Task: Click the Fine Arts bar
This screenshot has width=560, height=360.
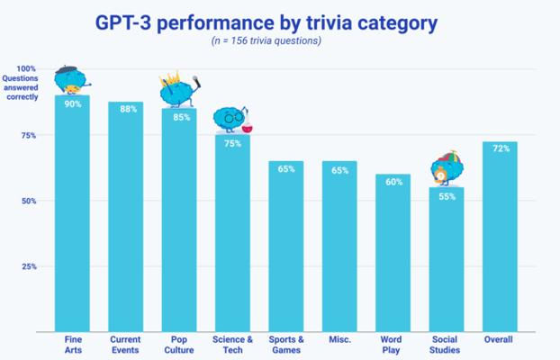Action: click(72, 213)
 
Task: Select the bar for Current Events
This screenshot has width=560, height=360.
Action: click(126, 217)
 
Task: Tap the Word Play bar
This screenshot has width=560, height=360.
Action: click(393, 253)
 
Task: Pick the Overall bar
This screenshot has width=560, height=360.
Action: click(500, 237)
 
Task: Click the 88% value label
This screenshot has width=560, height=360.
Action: click(128, 109)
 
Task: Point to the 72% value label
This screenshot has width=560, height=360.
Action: click(501, 148)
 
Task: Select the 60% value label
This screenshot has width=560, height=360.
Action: click(394, 182)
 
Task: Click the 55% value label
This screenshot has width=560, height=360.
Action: click(447, 196)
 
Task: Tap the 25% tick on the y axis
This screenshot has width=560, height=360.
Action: click(29, 266)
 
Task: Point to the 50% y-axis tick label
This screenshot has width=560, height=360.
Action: click(29, 201)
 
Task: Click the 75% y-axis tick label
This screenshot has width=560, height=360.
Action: click(29, 135)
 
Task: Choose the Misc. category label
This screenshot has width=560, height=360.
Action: click(339, 339)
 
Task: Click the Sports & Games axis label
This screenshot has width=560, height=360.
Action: click(286, 345)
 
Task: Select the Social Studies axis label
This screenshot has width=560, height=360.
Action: click(445, 345)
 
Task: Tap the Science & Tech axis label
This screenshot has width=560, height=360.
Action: click(232, 345)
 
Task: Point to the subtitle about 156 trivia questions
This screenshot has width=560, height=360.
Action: click(266, 40)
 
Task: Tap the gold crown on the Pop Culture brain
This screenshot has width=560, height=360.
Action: click(171, 78)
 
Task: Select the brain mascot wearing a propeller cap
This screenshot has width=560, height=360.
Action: click(447, 168)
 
